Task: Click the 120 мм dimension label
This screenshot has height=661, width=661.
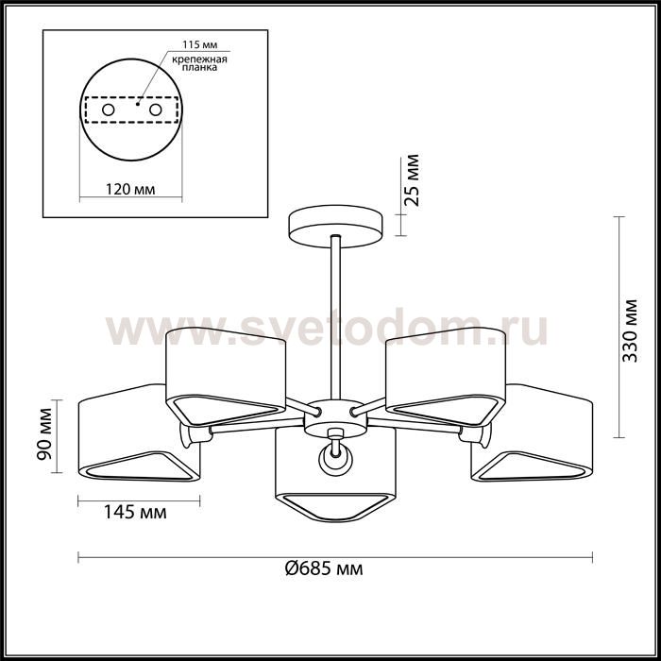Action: (x=130, y=189)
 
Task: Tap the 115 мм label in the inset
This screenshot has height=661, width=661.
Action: (x=200, y=45)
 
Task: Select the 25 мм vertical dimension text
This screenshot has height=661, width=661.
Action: (x=411, y=180)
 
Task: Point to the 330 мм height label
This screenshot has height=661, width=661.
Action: (x=630, y=330)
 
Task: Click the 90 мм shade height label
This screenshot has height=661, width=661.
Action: (x=43, y=434)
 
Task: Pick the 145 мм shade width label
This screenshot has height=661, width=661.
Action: (x=135, y=512)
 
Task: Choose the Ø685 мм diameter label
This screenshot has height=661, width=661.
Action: (x=324, y=568)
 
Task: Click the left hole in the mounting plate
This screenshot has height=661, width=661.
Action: (x=109, y=110)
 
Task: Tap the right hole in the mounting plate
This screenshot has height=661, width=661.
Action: (x=156, y=110)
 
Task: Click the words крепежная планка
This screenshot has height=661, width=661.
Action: (x=200, y=63)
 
